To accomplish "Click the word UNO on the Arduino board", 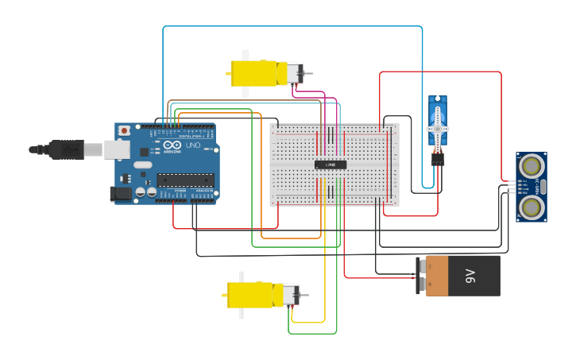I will pyautogui.click(x=193, y=145).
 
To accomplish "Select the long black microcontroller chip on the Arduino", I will pyautogui.click(x=185, y=180).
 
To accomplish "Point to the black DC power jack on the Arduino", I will pyautogui.click(x=119, y=193).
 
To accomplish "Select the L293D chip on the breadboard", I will pyautogui.click(x=331, y=165).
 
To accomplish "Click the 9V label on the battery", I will pyautogui.click(x=470, y=276).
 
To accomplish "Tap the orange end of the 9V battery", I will pyautogui.click(x=437, y=276).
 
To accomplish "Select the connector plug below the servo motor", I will pyautogui.click(x=438, y=158).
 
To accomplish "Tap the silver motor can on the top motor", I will pyautogui.click(x=294, y=74).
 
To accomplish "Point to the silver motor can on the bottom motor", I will pyautogui.click(x=291, y=295).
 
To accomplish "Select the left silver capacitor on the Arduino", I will pyautogui.click(x=141, y=192).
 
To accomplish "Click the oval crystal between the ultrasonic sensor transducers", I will pyautogui.click(x=543, y=187).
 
